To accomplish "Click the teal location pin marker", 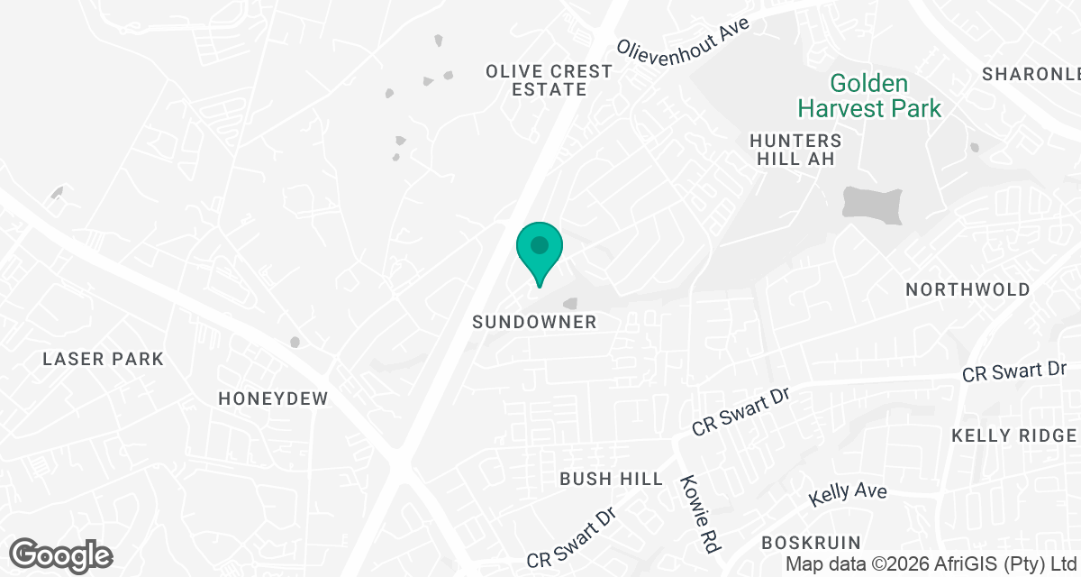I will [x=540, y=252].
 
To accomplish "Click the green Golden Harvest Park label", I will [x=868, y=96].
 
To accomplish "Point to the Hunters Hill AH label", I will [x=795, y=150].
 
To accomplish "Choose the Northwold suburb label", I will [x=967, y=289].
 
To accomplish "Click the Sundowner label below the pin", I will [x=535, y=322].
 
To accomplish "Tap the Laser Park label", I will [x=104, y=359].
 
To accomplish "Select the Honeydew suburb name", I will [x=273, y=398].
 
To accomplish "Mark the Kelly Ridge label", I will [x=1014, y=435].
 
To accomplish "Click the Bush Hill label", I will [x=611, y=479].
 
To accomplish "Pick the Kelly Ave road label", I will [x=847, y=494].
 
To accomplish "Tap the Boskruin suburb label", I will [x=811, y=542].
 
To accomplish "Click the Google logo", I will [x=60, y=554].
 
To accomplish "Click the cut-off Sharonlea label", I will [x=1031, y=74].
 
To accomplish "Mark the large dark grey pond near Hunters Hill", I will [x=872, y=206].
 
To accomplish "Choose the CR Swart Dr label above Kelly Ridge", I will [x=1014, y=371].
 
